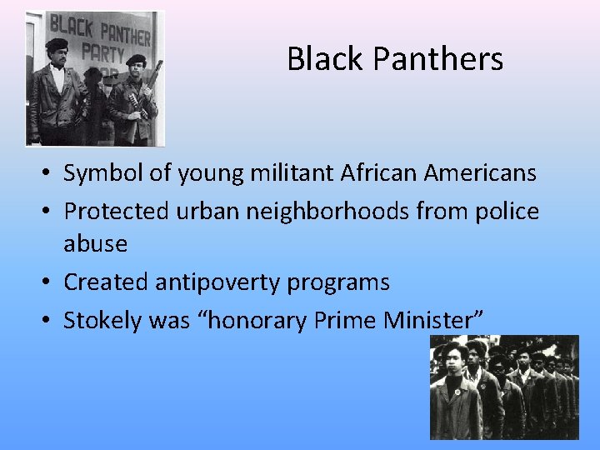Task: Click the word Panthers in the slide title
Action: (x=438, y=59)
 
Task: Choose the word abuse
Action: (x=96, y=244)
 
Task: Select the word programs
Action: (x=338, y=282)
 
